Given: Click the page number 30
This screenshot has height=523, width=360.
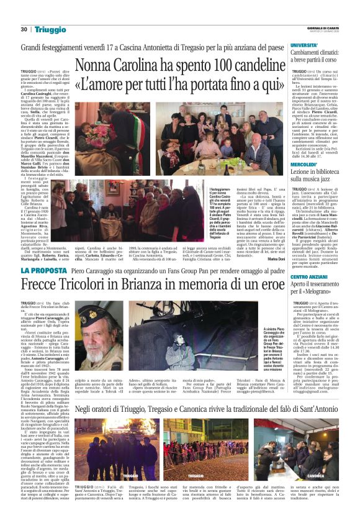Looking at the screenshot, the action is tap(24, 29).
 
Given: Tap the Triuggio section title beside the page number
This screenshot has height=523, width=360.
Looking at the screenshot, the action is tap(50, 29).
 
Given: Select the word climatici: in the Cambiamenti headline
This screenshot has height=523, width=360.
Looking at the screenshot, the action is tap(332, 54).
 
